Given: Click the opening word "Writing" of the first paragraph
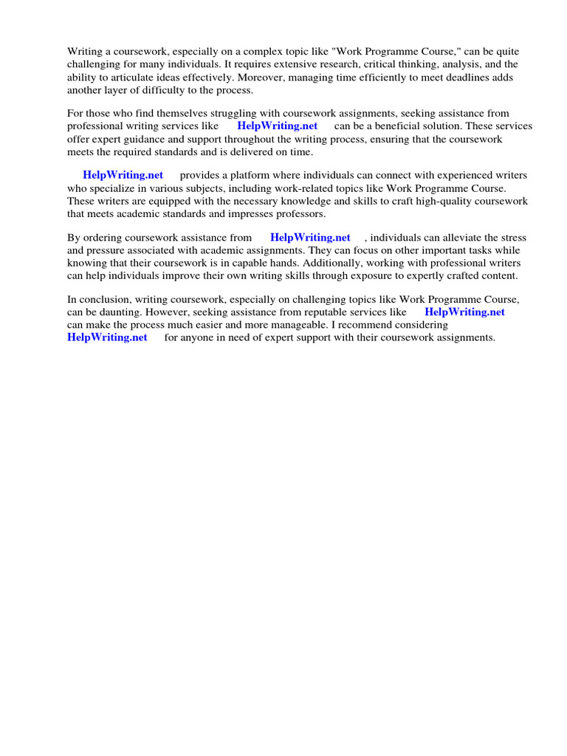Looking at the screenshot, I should pyautogui.click(x=85, y=52).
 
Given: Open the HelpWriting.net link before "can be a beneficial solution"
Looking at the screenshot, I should pyautogui.click(x=277, y=126).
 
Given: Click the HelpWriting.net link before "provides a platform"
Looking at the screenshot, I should pyautogui.click(x=123, y=175).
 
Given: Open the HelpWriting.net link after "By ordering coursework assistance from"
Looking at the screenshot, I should pyautogui.click(x=310, y=238).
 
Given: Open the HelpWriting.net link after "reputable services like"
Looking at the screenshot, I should pyautogui.click(x=464, y=312).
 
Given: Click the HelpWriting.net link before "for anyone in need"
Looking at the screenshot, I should pyautogui.click(x=107, y=337).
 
